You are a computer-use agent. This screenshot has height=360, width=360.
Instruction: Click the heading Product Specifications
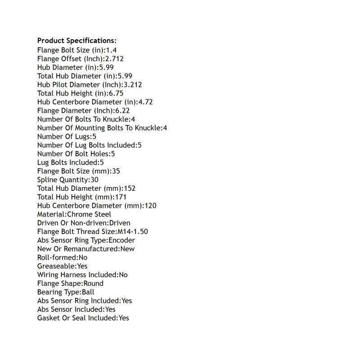[76, 41]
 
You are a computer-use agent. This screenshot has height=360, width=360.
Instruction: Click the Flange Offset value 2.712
[114, 58]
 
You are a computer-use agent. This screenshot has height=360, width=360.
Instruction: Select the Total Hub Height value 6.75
[116, 93]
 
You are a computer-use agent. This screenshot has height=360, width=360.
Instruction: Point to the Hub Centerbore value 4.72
[145, 102]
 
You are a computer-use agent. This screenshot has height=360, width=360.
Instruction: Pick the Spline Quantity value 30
[94, 180]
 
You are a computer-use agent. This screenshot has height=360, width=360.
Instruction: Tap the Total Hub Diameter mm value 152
[130, 188]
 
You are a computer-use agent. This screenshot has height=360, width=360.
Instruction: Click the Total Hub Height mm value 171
[121, 197]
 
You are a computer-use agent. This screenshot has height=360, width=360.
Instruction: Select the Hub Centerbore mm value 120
[150, 206]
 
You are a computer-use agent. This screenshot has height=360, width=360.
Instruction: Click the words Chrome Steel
[89, 214]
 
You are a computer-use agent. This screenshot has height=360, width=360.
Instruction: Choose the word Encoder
[121, 240]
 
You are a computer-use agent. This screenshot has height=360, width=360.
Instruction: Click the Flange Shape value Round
[94, 283]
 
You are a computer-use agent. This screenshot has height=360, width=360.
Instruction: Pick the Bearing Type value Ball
[88, 292]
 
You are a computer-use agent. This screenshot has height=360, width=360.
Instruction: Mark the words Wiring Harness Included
[77, 274]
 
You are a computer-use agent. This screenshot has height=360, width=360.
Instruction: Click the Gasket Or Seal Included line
[83, 318]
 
